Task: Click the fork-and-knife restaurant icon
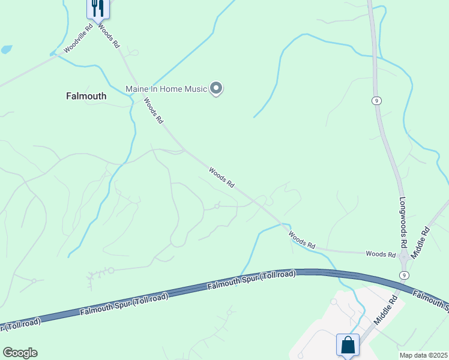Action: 97,8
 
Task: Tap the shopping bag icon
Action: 348,345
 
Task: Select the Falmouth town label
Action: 86,96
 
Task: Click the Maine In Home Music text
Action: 166,89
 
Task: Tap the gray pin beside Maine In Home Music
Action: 217,89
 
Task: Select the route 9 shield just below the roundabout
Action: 405,275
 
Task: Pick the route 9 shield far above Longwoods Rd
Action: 376,100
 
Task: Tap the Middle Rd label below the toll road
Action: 386,310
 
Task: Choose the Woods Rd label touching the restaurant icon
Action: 109,36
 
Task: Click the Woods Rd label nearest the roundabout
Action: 381,254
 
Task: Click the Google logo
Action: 20,352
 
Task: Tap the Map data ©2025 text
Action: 423,355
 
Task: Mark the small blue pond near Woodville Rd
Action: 7,49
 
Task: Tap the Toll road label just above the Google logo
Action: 21,324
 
